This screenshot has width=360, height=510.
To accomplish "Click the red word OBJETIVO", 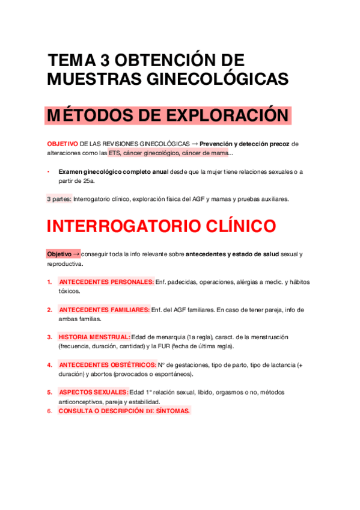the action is tap(62, 144).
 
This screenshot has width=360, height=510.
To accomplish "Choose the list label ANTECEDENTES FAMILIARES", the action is tap(104, 310).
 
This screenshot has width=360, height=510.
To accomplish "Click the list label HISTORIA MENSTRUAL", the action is tap(94, 337).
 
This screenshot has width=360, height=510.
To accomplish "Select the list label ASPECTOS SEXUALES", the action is tap(93, 392).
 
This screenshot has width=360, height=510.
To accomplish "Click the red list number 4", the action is tap(49, 364).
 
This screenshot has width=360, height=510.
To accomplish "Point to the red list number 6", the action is tap(49, 411).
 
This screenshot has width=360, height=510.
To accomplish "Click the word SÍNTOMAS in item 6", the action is tap(169, 411).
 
